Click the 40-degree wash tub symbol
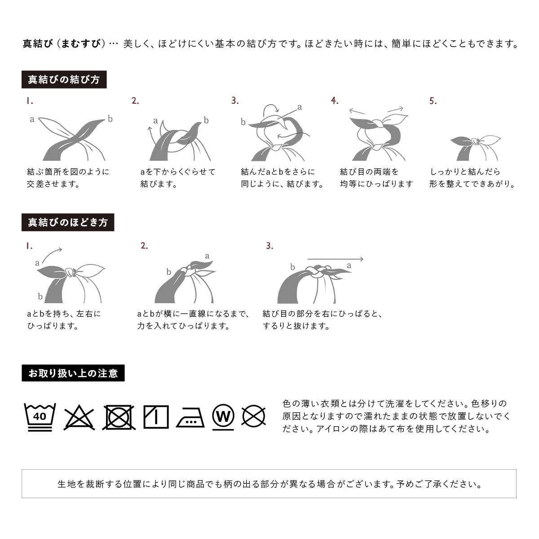coord(40,417)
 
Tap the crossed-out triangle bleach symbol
coord(79,417)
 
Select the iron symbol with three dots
coord(190,418)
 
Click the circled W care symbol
coord(223,417)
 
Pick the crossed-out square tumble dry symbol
coord(119,417)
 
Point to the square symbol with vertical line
coord(156,417)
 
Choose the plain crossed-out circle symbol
coord(253,416)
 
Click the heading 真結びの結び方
coord(64,80)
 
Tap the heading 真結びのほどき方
coord(68,222)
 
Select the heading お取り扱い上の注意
coord(73,373)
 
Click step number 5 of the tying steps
coord(433,101)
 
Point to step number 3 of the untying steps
coord(269,246)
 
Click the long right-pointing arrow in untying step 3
coord(336,259)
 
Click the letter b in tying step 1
coord(110,119)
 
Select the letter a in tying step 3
coord(300,107)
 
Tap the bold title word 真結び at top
coord(38,44)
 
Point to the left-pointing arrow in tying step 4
coord(357,111)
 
